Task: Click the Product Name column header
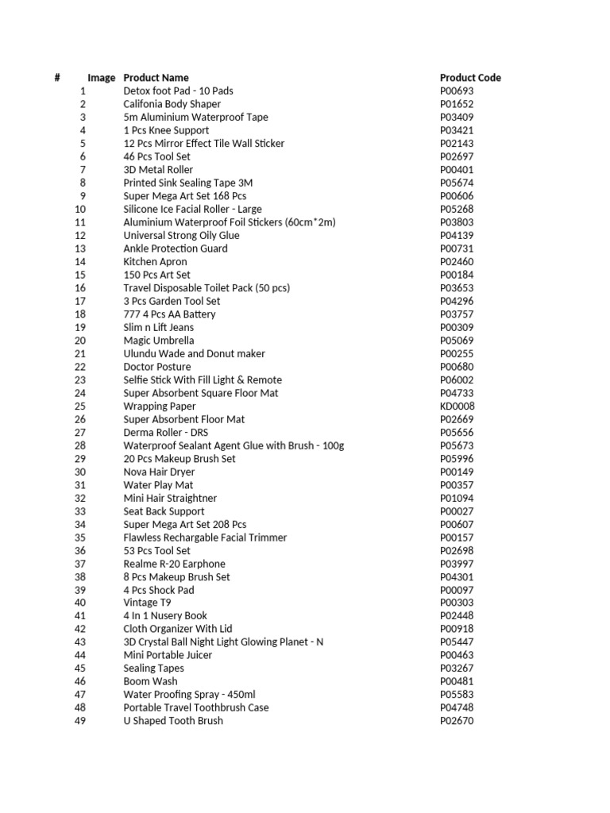pyautogui.click(x=156, y=78)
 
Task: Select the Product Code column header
pyautogui.click(x=470, y=78)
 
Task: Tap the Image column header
pyautogui.click(x=101, y=78)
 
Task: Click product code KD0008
pyautogui.click(x=457, y=406)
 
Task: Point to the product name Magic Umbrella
pyautogui.click(x=158, y=341)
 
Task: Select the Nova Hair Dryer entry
pyautogui.click(x=159, y=472)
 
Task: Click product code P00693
pyautogui.click(x=457, y=91)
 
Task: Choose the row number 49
pyautogui.click(x=79, y=721)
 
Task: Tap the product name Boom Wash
pyautogui.click(x=150, y=681)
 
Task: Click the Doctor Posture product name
pyautogui.click(x=156, y=367)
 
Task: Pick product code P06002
pyautogui.click(x=457, y=380)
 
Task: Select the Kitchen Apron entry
pyautogui.click(x=155, y=262)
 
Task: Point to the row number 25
pyautogui.click(x=79, y=406)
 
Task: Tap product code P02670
pyautogui.click(x=457, y=721)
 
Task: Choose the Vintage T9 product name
pyautogui.click(x=147, y=603)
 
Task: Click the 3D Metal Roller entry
pyautogui.click(x=158, y=170)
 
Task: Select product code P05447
pyautogui.click(x=457, y=642)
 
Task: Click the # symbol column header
pyautogui.click(x=57, y=78)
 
